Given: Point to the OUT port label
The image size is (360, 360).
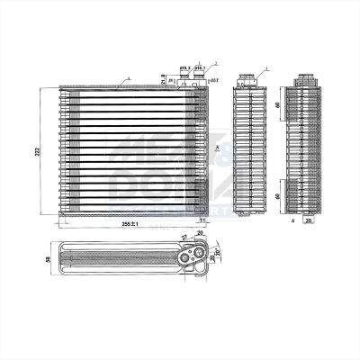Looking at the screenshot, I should coord(213,82).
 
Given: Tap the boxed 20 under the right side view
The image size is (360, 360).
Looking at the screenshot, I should coord(308,218).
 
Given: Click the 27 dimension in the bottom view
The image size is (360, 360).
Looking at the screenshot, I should coord(185,238).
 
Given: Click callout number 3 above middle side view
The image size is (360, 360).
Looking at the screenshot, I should coord(266,70).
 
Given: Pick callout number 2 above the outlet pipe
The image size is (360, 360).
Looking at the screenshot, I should coord(217,64).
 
